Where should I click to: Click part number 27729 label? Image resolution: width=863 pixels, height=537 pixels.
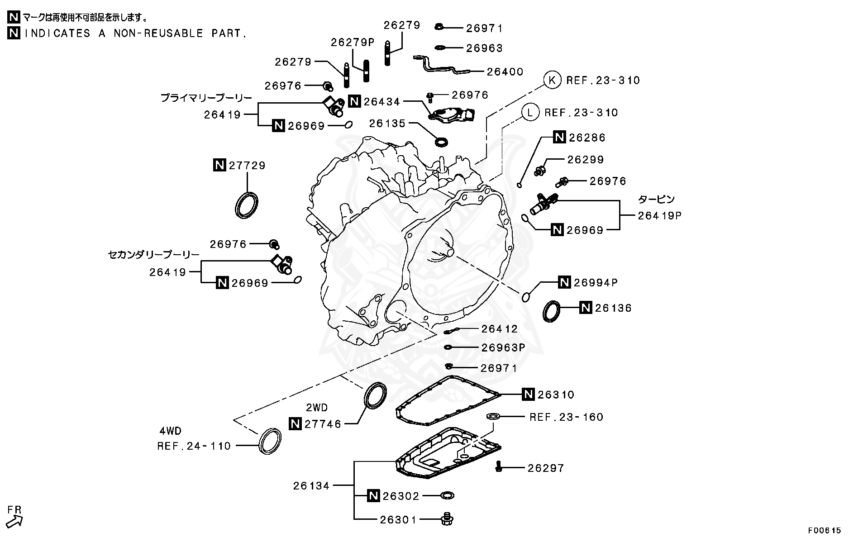click(x=247, y=166)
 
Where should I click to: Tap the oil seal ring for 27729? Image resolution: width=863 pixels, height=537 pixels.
click(x=247, y=205)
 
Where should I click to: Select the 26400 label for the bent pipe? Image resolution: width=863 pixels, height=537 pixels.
click(x=505, y=71)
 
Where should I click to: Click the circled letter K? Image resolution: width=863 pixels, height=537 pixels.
click(x=551, y=81)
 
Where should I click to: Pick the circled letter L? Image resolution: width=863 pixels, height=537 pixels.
click(x=530, y=112)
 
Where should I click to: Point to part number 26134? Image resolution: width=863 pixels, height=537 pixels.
click(x=311, y=486)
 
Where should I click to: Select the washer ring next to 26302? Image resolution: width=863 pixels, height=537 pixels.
click(x=447, y=496)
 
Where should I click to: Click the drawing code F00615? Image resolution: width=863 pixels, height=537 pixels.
click(x=825, y=530)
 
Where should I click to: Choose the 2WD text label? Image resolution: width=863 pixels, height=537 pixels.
click(x=317, y=408)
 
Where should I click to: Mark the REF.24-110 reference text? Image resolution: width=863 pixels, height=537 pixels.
click(x=194, y=446)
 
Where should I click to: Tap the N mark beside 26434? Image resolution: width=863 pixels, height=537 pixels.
click(x=355, y=101)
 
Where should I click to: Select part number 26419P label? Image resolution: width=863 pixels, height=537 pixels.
click(x=659, y=216)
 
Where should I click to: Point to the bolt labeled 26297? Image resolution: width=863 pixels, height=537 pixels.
click(x=499, y=466)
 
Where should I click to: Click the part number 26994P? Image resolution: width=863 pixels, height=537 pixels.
click(x=596, y=283)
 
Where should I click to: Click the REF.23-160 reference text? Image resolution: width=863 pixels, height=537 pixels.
click(x=566, y=417)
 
